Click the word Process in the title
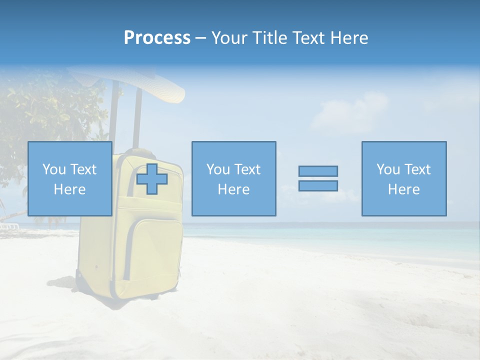tap(157, 38)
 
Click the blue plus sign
tap(152, 179)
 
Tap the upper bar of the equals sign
tap(318, 171)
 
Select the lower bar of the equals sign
tap(318, 185)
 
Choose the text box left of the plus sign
tap(69, 179)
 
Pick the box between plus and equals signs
tap(233, 179)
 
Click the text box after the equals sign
tap(403, 179)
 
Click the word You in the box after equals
tap(387, 169)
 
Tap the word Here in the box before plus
tap(69, 189)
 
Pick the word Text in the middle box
tap(247, 169)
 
